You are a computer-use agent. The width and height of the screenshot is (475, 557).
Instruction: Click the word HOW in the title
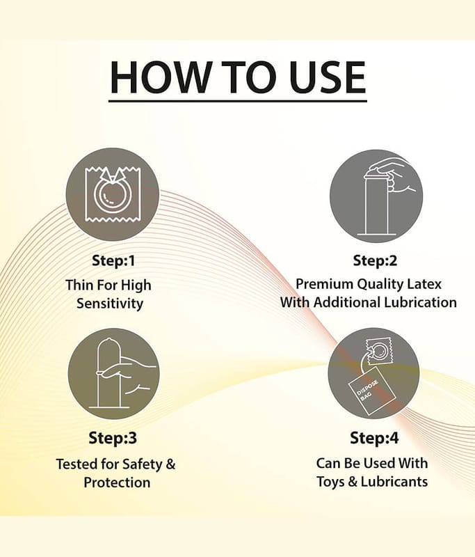coord(160,77)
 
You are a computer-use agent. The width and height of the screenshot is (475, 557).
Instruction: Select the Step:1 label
coord(113,260)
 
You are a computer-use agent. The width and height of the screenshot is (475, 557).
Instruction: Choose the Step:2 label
coord(375,260)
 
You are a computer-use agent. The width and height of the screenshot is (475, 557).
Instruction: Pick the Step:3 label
coord(113,438)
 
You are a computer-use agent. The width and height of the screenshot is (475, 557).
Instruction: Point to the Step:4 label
coord(374,438)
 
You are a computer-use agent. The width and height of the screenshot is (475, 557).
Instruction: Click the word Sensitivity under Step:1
coord(110,304)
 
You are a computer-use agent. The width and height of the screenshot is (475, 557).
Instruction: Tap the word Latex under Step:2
coord(424,284)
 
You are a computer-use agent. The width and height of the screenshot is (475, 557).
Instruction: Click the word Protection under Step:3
coord(117,483)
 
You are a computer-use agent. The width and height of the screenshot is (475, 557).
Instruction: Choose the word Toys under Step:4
coord(330,482)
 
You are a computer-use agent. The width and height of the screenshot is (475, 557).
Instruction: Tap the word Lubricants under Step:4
coord(394,482)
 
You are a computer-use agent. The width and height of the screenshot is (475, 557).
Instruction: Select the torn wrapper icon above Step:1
coord(113,194)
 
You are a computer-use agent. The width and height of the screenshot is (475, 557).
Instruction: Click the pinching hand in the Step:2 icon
coord(392,177)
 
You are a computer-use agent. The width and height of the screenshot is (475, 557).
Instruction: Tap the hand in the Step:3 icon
coord(128,376)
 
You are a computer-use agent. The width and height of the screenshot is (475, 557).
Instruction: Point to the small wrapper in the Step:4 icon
coord(379,352)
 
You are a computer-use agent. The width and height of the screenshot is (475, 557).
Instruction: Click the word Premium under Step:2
coord(325,284)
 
